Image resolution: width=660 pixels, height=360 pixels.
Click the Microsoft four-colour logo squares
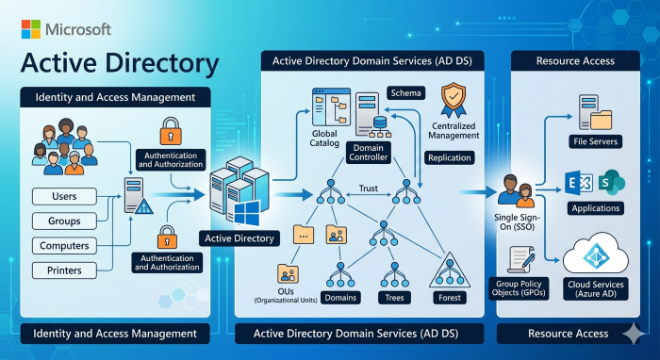(x=31, y=29)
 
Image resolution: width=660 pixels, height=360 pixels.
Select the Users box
(x=64, y=196)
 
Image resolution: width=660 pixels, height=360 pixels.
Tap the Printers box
(x=64, y=270)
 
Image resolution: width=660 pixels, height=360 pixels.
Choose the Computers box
(x=64, y=246)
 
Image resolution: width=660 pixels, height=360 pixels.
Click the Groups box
(x=64, y=221)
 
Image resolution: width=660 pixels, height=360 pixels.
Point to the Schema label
(x=405, y=93)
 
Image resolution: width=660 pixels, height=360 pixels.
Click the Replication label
(x=450, y=157)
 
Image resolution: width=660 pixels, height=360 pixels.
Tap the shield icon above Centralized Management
(x=454, y=100)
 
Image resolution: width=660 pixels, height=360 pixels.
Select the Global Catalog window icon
(x=331, y=107)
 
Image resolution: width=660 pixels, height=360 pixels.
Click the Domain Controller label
(x=369, y=153)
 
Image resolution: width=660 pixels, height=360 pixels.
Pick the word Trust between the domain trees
(x=369, y=188)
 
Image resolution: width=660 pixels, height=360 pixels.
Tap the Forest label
(x=450, y=298)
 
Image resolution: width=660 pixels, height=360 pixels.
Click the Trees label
(x=394, y=298)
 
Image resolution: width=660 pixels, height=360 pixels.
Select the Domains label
(x=340, y=298)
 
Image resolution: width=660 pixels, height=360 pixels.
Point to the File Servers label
(x=595, y=141)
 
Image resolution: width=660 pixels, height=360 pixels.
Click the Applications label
(x=596, y=208)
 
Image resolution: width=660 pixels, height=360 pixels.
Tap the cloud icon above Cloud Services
(x=596, y=254)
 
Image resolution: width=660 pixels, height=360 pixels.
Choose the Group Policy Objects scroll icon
(x=521, y=259)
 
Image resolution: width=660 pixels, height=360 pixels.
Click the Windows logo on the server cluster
(x=247, y=213)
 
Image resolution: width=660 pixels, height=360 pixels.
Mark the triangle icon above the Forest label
(x=450, y=270)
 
